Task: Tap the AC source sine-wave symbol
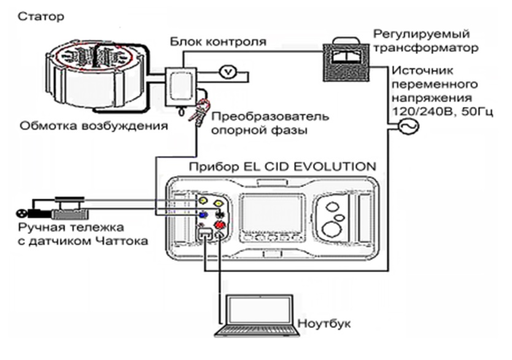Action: (408, 126)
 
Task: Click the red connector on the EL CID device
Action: (220, 225)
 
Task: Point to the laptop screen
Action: (260, 310)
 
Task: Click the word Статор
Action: (41, 17)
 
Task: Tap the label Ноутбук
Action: (324, 324)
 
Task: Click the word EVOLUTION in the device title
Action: (335, 166)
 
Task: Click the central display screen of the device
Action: (272, 213)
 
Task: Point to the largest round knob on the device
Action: (332, 229)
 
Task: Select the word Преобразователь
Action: (270, 117)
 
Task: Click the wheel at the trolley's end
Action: (21, 214)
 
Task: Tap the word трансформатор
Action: (426, 48)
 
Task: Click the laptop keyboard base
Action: (257, 331)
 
